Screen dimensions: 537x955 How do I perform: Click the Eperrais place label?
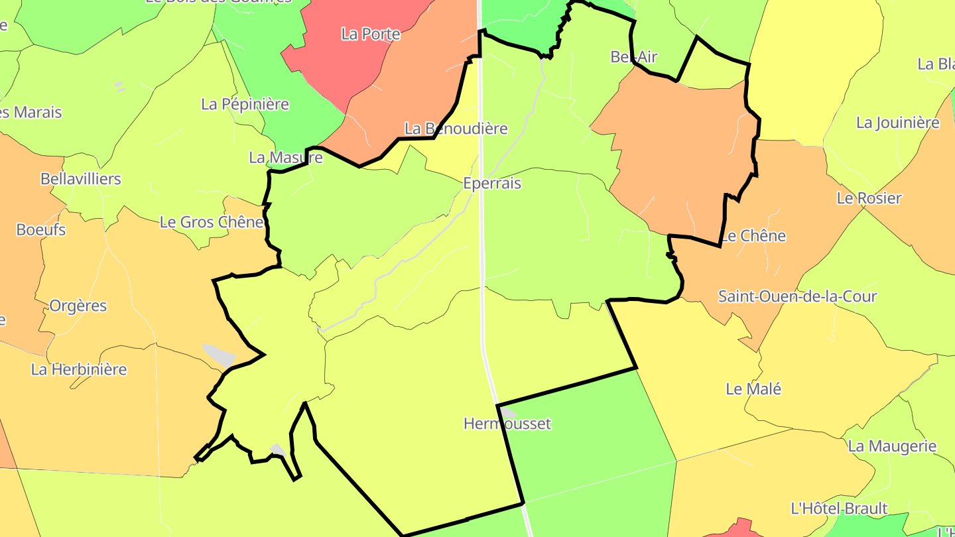[492, 184]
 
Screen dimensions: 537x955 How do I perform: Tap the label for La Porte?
[371, 34]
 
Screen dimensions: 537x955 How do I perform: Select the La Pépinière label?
[245, 104]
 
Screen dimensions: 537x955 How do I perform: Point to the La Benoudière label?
[456, 129]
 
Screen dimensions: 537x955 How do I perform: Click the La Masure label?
[286, 158]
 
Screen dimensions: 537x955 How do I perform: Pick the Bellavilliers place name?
[81, 179]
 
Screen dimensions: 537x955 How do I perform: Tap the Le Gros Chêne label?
[212, 222]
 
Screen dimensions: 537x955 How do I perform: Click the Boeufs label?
[41, 230]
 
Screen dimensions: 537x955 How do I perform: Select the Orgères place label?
[78, 306]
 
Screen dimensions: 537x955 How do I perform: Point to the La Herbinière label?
[79, 369]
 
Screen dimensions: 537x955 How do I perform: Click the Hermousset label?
[507, 424]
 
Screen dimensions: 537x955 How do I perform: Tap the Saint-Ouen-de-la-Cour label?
[797, 296]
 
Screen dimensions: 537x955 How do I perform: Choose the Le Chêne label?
[753, 236]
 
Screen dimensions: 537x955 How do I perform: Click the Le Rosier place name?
[869, 198]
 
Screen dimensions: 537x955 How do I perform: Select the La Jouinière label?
[898, 123]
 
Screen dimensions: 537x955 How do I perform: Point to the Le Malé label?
[753, 389]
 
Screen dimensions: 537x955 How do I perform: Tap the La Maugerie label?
[892, 446]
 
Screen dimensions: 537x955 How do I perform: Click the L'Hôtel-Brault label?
[839, 508]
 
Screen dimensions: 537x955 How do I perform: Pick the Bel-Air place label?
[633, 57]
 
